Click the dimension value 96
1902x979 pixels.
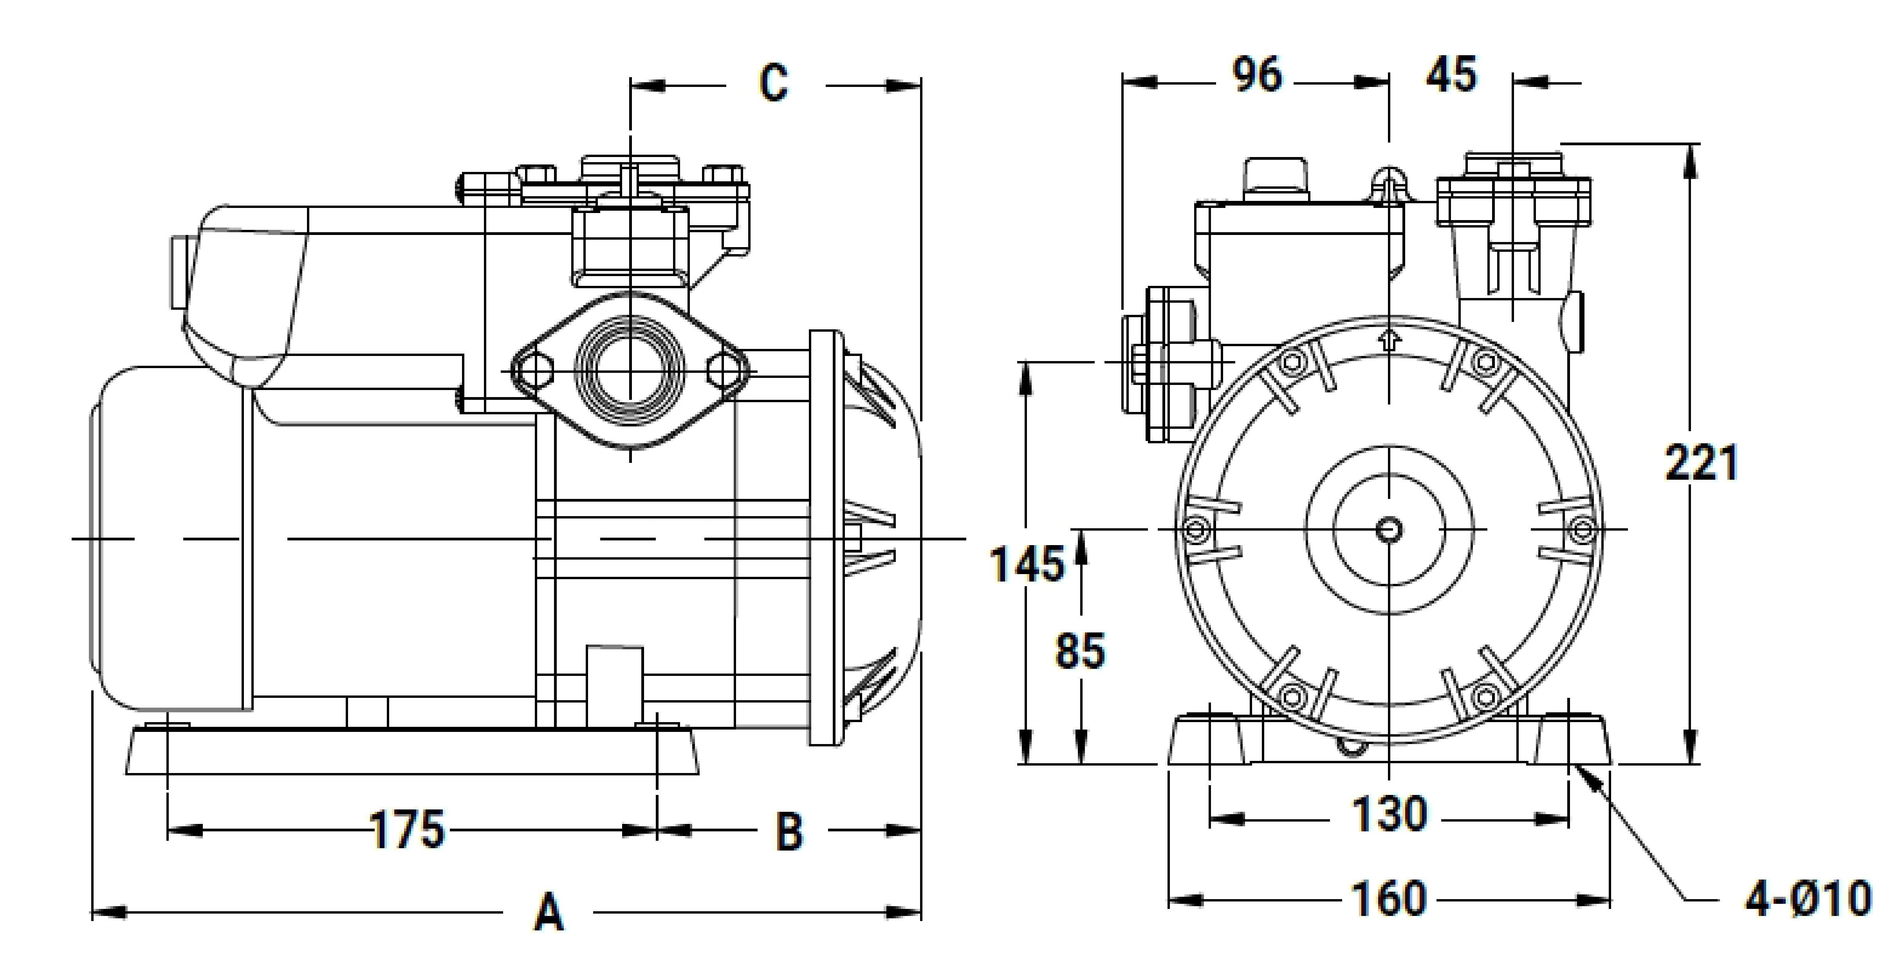1258,75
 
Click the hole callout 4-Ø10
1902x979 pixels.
1808,898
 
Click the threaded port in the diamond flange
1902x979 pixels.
630,369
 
